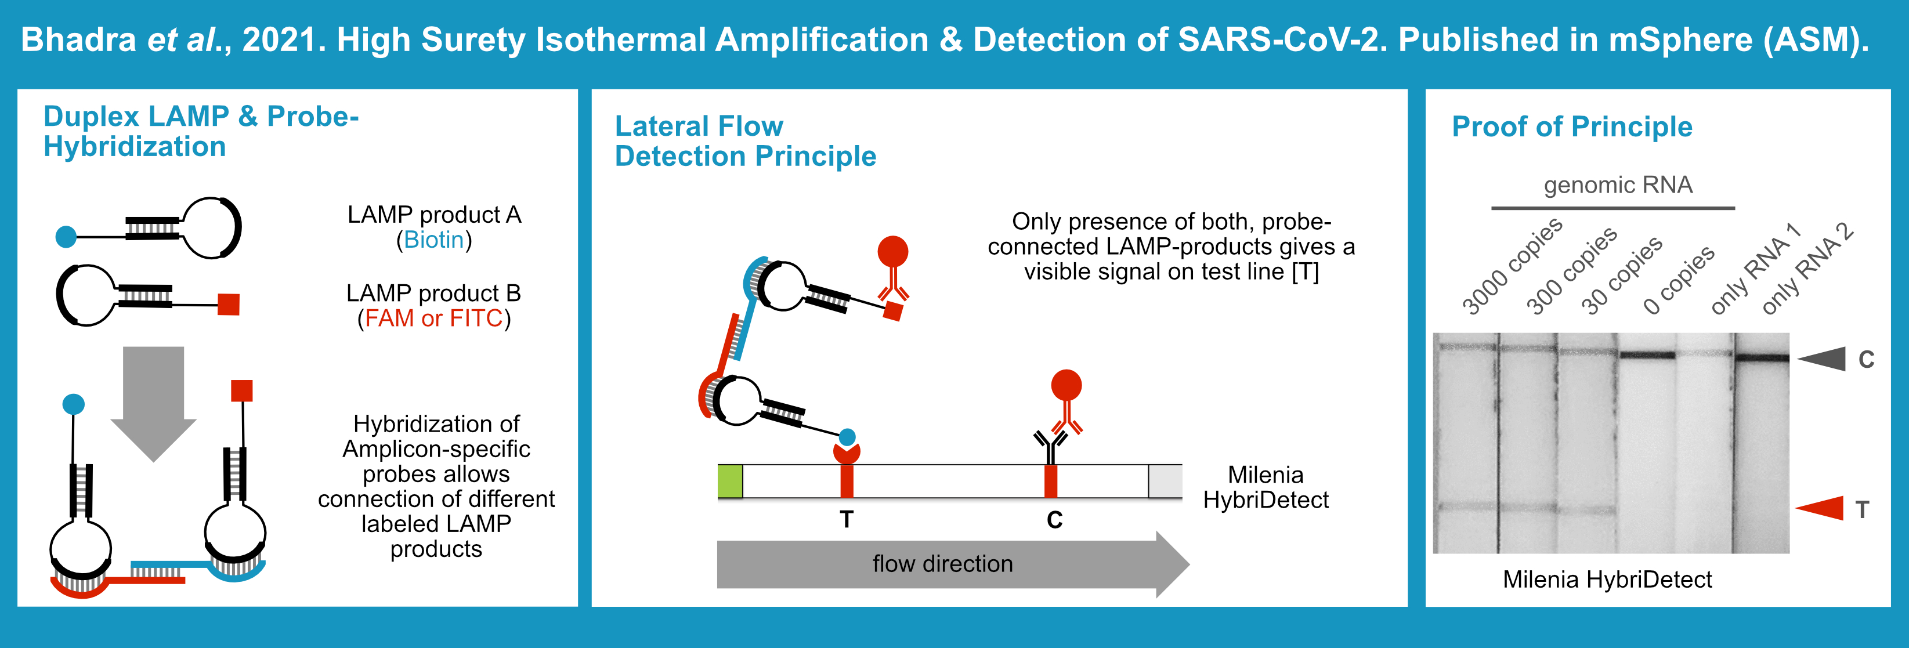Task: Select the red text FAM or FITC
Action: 434,318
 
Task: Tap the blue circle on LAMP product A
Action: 66,237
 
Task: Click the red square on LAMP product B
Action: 228,303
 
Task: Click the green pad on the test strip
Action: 730,482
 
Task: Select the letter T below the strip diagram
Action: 847,519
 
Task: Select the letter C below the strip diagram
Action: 1054,520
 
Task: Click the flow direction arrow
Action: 943,564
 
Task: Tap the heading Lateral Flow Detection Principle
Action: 745,142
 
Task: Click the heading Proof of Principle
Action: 1572,126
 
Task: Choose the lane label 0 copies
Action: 1679,280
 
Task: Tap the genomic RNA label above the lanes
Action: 1618,184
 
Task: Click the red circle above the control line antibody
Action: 1066,385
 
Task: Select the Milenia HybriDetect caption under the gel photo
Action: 1607,579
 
